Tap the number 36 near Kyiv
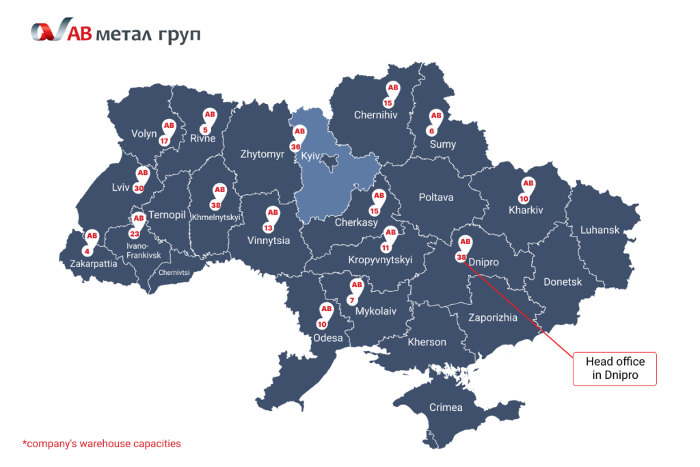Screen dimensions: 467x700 pyautogui.click(x=295, y=146)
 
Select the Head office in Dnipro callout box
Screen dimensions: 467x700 pyautogui.click(x=615, y=369)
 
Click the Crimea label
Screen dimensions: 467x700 pyautogui.click(x=446, y=408)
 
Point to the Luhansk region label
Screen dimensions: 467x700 pyautogui.click(x=600, y=230)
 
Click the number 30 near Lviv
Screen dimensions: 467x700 pyautogui.click(x=139, y=189)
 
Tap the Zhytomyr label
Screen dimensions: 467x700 pyautogui.click(x=262, y=155)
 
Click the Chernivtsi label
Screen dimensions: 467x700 pyautogui.click(x=174, y=272)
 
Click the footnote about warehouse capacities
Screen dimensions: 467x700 pyautogui.click(x=101, y=444)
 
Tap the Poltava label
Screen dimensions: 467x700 pyautogui.click(x=435, y=198)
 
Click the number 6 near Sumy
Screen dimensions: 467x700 pyautogui.click(x=431, y=131)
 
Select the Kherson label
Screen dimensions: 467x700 pyautogui.click(x=427, y=342)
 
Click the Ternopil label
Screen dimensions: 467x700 pyautogui.click(x=167, y=215)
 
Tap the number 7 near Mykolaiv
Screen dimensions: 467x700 pyautogui.click(x=352, y=300)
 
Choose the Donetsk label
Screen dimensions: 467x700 pyautogui.click(x=563, y=282)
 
